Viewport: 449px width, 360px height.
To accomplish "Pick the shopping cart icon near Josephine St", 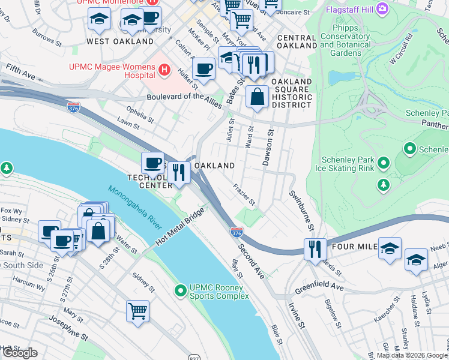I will pyautogui.click(x=137, y=311).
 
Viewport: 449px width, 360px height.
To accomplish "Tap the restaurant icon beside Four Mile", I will pyautogui.click(x=315, y=248).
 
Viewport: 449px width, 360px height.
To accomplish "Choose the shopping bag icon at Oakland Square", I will pyautogui.click(x=257, y=97).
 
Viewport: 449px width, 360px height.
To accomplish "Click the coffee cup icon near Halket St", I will pyautogui.click(x=204, y=69).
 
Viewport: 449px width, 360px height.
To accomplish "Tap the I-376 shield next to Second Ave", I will pyautogui.click(x=237, y=232).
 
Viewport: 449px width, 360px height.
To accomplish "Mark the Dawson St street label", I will pyautogui.click(x=268, y=148).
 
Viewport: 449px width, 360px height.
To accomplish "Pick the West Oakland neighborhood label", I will pyautogui.click(x=120, y=41).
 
